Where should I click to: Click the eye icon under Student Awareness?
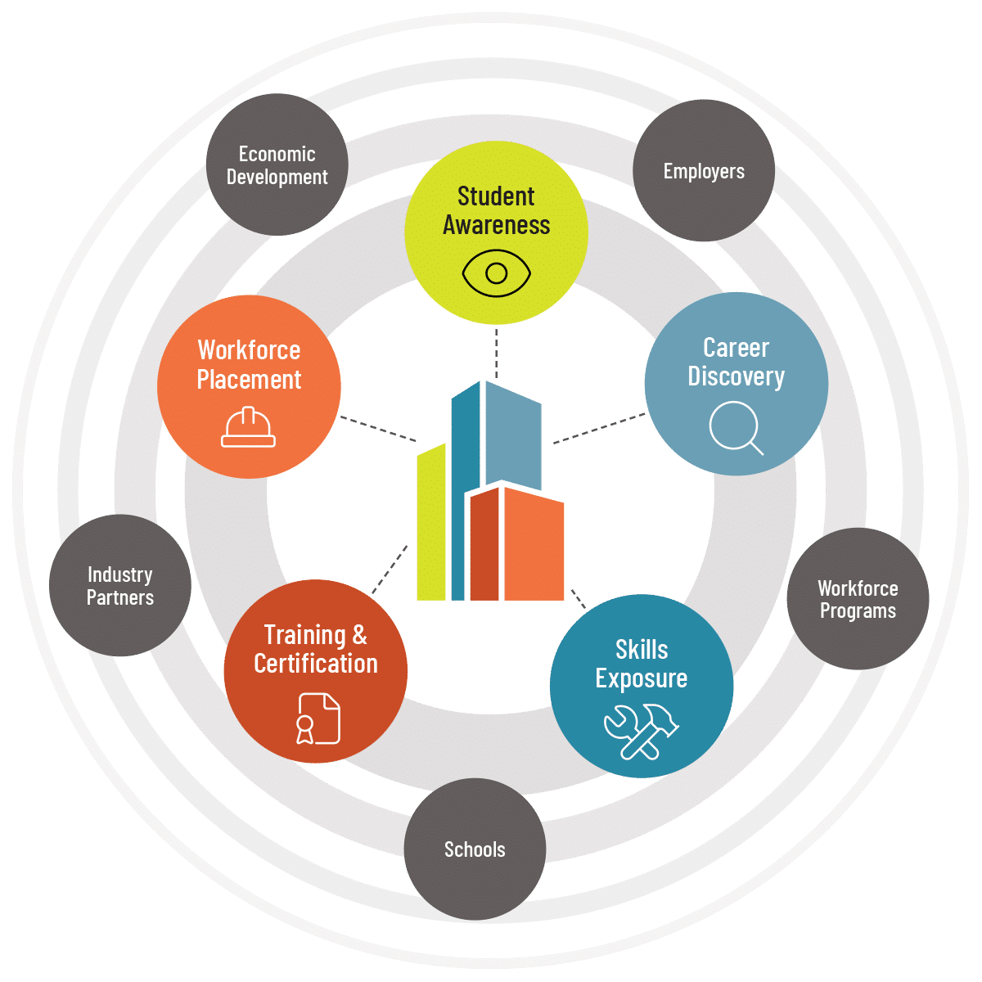click(x=496, y=273)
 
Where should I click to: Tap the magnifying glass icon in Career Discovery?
click(x=735, y=427)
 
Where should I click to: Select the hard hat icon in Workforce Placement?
click(x=248, y=427)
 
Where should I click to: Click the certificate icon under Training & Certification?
click(x=318, y=718)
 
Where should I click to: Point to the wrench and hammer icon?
click(x=641, y=732)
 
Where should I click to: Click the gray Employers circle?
click(x=704, y=170)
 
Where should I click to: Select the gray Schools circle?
click(x=475, y=849)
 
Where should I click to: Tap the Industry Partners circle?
click(x=120, y=586)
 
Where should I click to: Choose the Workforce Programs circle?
click(x=858, y=599)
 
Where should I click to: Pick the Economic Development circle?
click(x=277, y=164)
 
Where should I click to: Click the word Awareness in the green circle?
click(x=497, y=225)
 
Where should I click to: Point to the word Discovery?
click(x=736, y=377)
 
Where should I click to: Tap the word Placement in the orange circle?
click(x=249, y=381)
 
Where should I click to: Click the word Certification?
click(x=316, y=664)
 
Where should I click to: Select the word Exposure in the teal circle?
click(x=641, y=678)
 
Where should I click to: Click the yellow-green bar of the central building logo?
click(x=431, y=522)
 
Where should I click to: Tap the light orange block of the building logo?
click(x=534, y=545)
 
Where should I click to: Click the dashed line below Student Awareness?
click(x=497, y=353)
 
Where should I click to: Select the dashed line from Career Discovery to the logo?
click(x=599, y=428)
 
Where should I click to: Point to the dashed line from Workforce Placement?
click(x=378, y=429)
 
